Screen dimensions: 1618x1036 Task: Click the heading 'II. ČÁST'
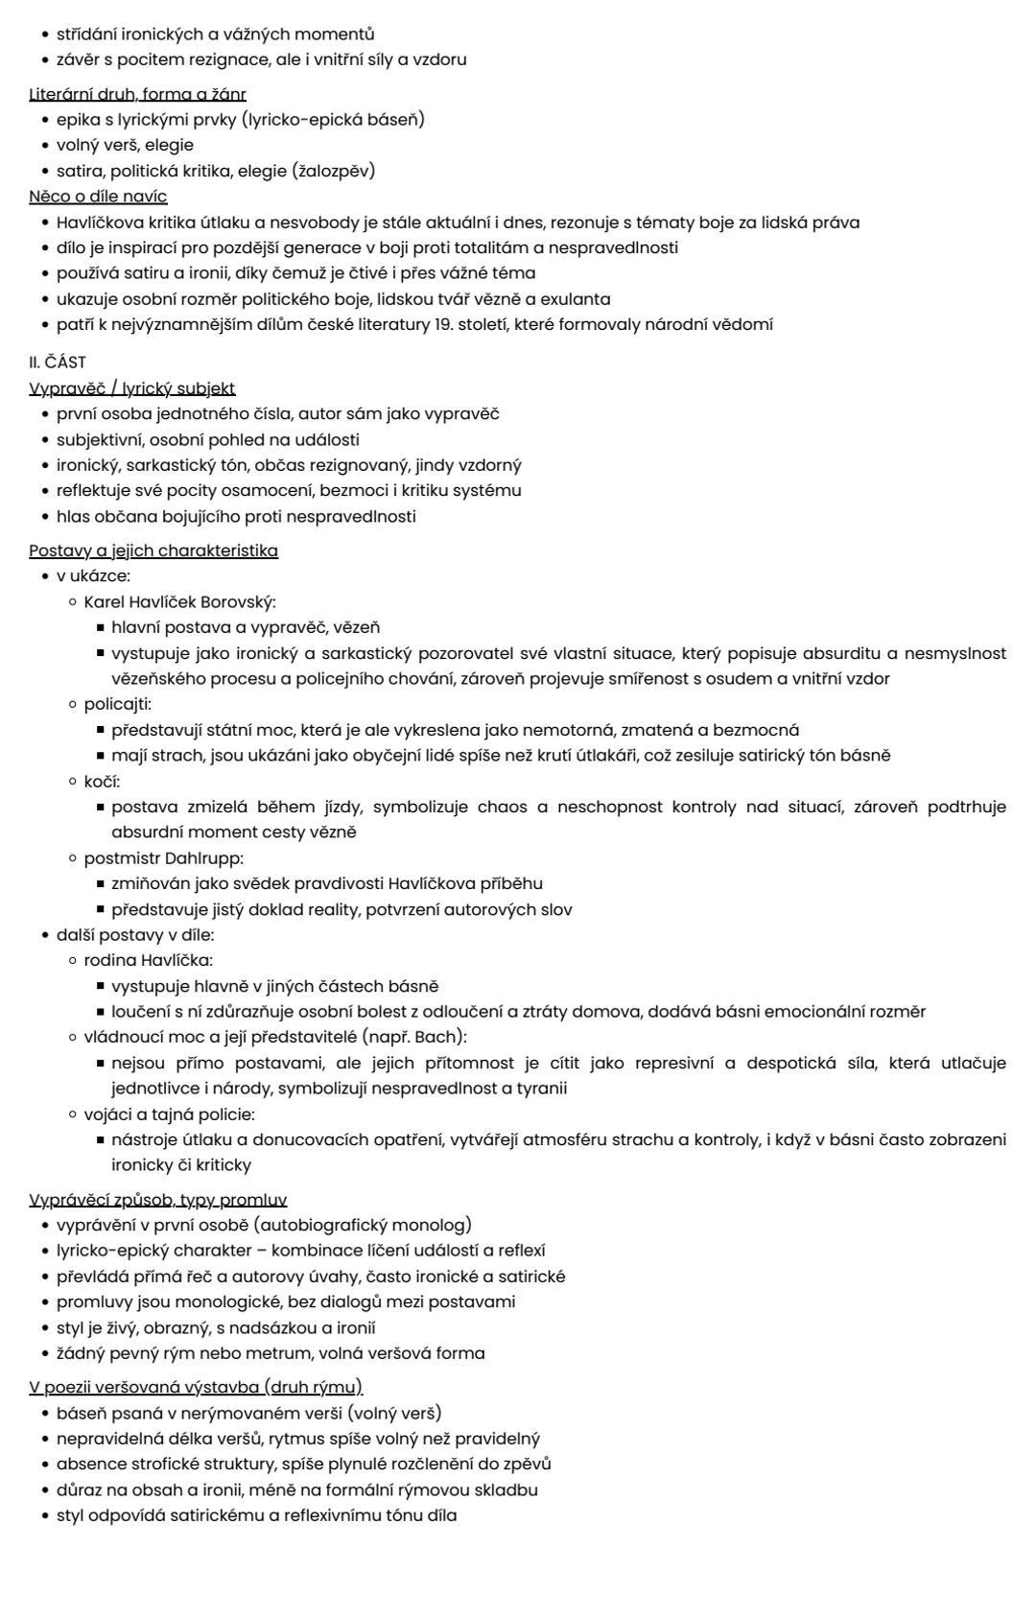[58, 363]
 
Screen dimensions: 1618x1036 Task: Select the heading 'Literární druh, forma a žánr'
[137, 94]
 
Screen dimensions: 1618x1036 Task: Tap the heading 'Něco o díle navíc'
[98, 197]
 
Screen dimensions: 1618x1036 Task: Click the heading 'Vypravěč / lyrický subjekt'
[131, 388]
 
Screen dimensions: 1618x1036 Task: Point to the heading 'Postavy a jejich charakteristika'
[153, 551]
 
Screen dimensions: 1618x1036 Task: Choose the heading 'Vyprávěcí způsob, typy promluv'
[158, 1200]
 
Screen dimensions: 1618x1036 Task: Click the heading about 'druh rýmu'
[196, 1387]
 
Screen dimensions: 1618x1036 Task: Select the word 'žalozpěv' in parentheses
[333, 171]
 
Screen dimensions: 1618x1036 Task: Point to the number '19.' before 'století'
[442, 324]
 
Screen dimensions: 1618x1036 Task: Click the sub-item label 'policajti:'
[117, 704]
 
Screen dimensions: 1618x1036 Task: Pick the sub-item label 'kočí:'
[102, 781]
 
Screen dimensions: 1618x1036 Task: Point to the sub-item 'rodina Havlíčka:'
[148, 960]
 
